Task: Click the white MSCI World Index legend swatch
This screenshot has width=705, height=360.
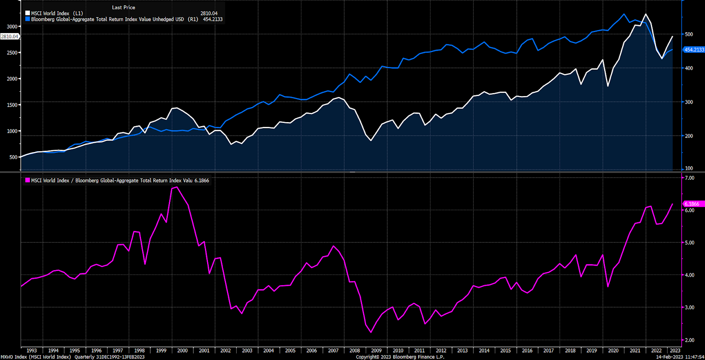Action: pyautogui.click(x=28, y=13)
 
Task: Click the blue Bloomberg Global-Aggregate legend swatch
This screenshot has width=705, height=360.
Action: pyautogui.click(x=28, y=19)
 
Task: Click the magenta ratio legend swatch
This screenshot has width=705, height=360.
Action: pyautogui.click(x=28, y=180)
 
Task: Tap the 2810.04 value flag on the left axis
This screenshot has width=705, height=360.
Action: pyautogui.click(x=10, y=37)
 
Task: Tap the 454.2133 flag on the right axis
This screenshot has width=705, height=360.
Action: pyautogui.click(x=694, y=50)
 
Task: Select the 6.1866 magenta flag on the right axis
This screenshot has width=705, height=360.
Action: pyautogui.click(x=692, y=204)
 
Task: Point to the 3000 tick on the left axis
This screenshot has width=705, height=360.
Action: pyautogui.click(x=12, y=26)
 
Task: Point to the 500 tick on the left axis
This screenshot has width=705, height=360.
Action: pyautogui.click(x=13, y=157)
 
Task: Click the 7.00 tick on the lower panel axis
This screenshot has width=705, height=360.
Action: pyautogui.click(x=689, y=178)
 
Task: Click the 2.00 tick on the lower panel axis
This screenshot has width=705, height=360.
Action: pyautogui.click(x=689, y=340)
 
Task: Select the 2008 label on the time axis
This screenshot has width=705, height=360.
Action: pyautogui.click(x=355, y=351)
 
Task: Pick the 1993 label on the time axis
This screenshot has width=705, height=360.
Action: pyautogui.click(x=32, y=351)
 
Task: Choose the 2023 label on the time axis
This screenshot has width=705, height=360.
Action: pyautogui.click(x=675, y=351)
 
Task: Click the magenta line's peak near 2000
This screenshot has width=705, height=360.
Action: pyautogui.click(x=177, y=187)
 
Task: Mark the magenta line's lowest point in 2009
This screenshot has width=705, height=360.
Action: pyautogui.click(x=371, y=332)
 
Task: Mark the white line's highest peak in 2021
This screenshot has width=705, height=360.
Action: pyautogui.click(x=646, y=14)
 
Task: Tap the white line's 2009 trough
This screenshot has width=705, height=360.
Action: pyautogui.click(x=371, y=140)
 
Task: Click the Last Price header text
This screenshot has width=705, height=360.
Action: pyautogui.click(x=123, y=7)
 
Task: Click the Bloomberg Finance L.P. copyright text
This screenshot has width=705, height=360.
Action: pyautogui.click(x=400, y=357)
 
